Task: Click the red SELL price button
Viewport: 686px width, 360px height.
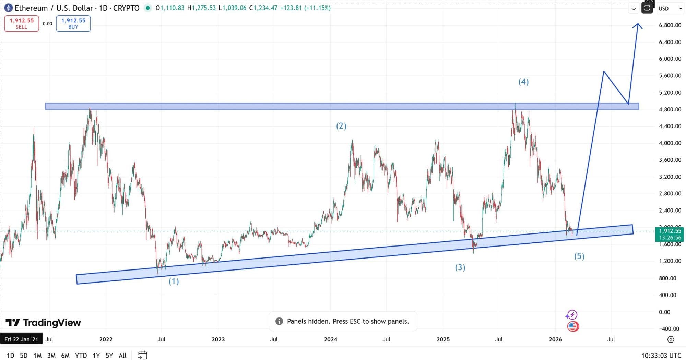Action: tap(22, 23)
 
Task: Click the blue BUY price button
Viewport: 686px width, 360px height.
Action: tap(73, 23)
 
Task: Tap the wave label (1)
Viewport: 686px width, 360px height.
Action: tap(174, 281)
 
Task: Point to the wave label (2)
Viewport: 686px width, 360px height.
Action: tap(341, 126)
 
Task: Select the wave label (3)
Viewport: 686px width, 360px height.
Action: tap(460, 267)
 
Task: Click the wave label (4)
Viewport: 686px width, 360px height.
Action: tap(523, 82)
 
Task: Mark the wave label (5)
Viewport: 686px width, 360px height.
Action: tap(579, 256)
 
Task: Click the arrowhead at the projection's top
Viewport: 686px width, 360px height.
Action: tap(638, 25)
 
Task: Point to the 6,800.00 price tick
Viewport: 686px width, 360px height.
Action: tap(670, 25)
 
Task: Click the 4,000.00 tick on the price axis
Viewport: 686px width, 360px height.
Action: tap(670, 143)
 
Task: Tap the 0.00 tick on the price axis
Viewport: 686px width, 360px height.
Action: tap(664, 312)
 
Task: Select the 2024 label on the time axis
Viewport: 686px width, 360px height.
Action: tap(330, 339)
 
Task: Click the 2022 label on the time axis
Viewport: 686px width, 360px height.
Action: tap(106, 339)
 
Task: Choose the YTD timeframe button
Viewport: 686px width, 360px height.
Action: tap(81, 356)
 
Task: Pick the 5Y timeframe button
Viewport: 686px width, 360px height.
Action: tap(109, 356)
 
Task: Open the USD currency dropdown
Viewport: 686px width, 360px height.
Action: tap(670, 8)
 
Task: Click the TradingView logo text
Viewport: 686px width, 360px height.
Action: tap(52, 323)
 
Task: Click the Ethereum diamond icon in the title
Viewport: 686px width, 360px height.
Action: tap(8, 8)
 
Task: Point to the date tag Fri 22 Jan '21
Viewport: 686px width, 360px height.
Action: tap(21, 339)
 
